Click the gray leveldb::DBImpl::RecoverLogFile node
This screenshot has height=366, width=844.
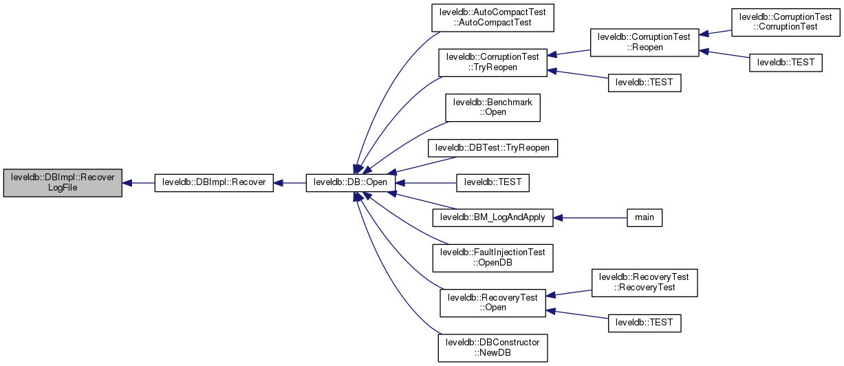63,182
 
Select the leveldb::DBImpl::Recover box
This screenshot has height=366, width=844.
214,183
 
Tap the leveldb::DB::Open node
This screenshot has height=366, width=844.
351,183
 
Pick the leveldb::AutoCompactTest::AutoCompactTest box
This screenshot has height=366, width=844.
493,17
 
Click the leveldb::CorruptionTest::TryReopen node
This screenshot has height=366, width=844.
493,62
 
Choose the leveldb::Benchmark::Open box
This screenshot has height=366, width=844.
493,107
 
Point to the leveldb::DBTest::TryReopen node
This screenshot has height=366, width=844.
493,147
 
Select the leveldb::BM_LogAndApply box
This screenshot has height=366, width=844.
493,217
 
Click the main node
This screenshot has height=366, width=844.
644,217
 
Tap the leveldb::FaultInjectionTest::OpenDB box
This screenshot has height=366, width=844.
493,257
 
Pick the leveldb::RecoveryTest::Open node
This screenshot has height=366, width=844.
493,302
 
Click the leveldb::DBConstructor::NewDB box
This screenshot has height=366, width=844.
493,347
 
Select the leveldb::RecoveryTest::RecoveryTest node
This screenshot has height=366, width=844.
644,282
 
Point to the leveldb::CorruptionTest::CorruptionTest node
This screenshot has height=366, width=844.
786,21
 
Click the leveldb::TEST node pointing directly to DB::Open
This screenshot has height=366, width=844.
493,183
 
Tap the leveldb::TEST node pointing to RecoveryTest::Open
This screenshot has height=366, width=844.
644,322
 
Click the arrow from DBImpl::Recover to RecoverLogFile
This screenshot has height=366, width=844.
138,183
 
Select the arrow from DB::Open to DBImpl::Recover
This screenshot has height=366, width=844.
290,183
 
